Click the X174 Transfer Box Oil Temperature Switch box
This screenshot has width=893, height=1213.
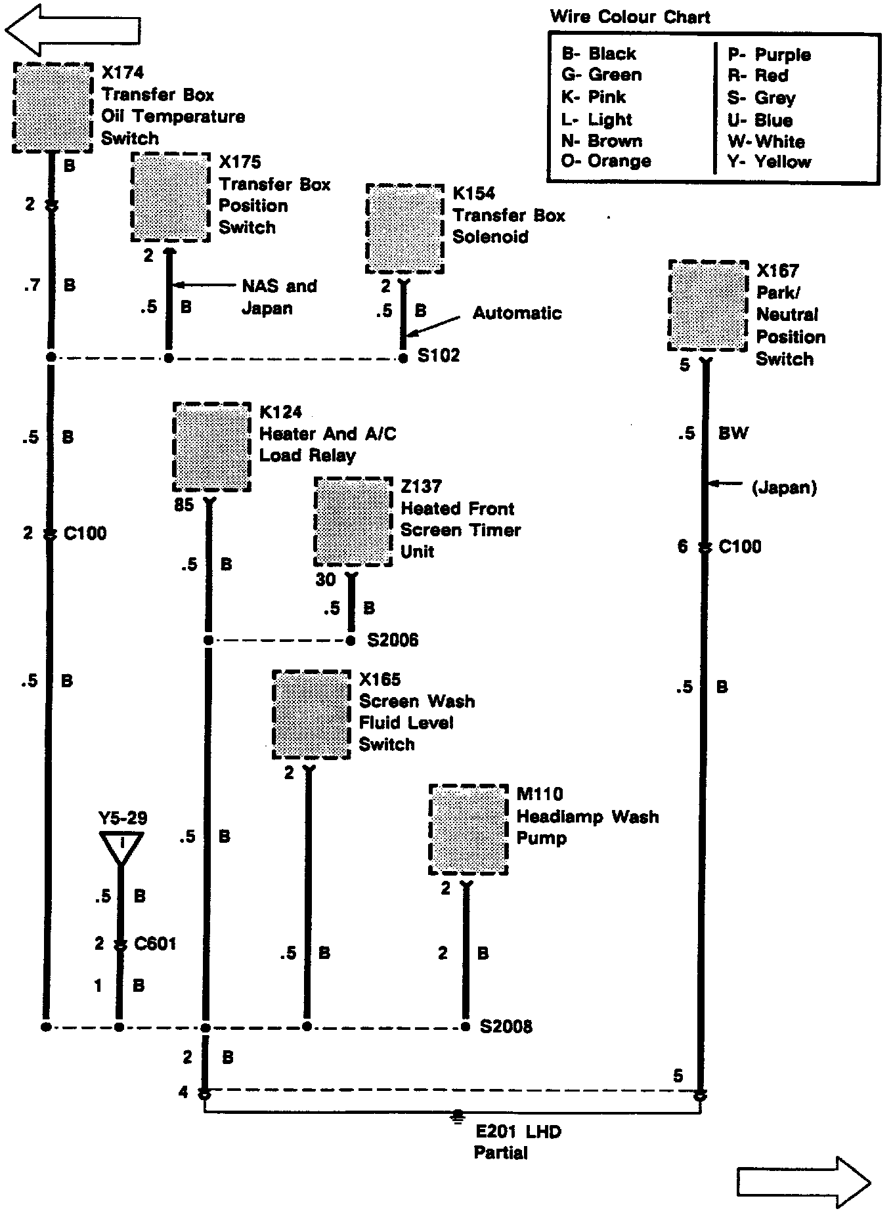53,108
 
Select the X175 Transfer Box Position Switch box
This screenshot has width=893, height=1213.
171,197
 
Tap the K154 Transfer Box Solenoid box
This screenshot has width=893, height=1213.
404,228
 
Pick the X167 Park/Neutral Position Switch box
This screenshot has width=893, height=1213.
708,306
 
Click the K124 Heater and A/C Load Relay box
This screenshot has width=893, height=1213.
211,447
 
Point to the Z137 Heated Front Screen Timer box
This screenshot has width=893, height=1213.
353,522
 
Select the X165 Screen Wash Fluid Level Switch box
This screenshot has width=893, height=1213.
311,715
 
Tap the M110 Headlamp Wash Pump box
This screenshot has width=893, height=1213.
468,829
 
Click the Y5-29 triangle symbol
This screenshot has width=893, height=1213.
121,847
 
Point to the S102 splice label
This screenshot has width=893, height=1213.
439,356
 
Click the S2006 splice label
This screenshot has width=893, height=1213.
393,640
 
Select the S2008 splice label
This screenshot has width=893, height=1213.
506,1027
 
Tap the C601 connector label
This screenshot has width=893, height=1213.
155,944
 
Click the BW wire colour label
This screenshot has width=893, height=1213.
733,433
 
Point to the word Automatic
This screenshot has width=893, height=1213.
517,312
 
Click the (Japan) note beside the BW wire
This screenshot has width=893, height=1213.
784,487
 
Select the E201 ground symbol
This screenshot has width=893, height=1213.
458,1115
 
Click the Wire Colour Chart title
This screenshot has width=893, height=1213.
630,16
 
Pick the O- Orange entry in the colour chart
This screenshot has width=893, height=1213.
606,161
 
